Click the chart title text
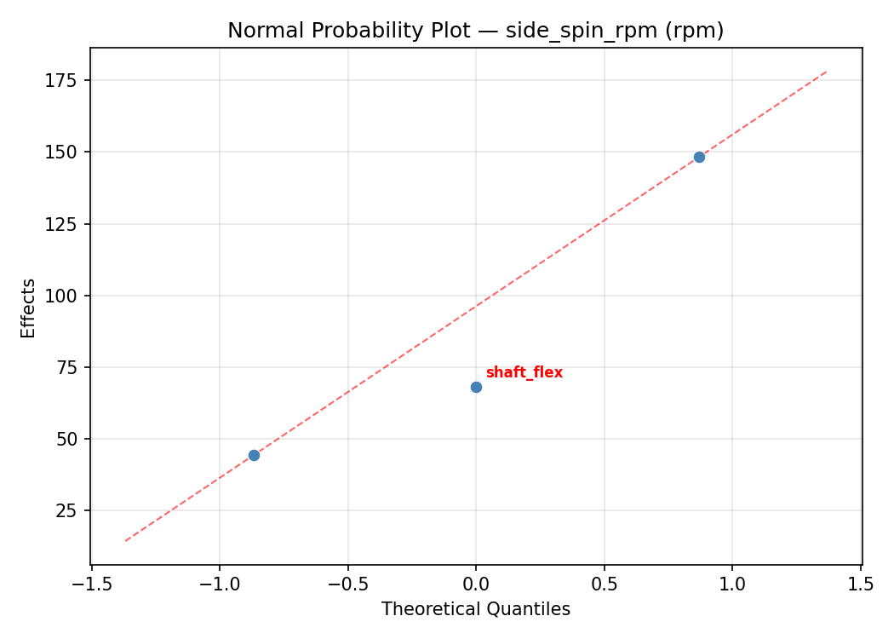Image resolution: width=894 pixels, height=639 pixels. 475,31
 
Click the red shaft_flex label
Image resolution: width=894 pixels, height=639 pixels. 524,373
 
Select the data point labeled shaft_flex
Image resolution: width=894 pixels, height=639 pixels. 476,387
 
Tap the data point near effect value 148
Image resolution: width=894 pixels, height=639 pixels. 699,157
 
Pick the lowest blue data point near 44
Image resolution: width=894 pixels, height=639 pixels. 254,455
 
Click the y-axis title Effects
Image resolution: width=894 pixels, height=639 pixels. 29,308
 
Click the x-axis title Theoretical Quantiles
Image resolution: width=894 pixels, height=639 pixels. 475,609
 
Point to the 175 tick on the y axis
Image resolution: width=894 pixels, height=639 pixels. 67,80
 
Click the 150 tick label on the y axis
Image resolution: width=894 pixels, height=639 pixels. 67,152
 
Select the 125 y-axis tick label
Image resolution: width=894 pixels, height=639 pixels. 67,224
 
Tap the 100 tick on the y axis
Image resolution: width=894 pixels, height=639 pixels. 67,296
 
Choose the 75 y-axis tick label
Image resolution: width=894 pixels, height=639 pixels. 72,367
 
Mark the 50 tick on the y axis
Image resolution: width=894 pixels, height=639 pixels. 72,439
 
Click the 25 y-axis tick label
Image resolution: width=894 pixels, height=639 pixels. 72,510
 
